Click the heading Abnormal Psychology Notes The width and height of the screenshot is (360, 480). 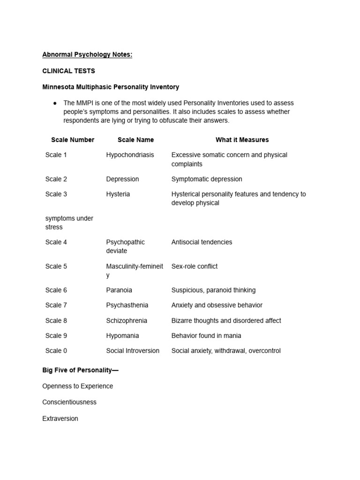pyautogui.click(x=87, y=55)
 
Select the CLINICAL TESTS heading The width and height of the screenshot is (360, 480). pyautogui.click(x=68, y=71)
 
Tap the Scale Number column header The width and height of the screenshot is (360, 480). pyautogui.click(x=73, y=140)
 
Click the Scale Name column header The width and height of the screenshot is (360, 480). pyautogui.click(x=135, y=140)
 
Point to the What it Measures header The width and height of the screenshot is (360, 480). pyautogui.click(x=242, y=140)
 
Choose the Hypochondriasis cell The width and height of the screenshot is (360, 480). pyautogui.click(x=130, y=155)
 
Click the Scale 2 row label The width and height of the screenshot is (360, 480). pyautogui.click(x=56, y=179)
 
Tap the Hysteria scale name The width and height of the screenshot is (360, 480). pyautogui.click(x=118, y=194)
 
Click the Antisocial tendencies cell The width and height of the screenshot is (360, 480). pyautogui.click(x=202, y=242)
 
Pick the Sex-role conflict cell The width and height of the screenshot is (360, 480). pyautogui.click(x=195, y=266)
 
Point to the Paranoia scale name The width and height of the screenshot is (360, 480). pyautogui.click(x=119, y=290)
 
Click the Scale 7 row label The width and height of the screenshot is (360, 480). pyautogui.click(x=56, y=305)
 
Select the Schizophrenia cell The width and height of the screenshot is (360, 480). pyautogui.click(x=127, y=321)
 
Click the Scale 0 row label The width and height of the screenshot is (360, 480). pyautogui.click(x=56, y=351)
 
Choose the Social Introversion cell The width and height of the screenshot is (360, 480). pyautogui.click(x=133, y=351)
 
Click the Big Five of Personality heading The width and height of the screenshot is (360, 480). pyautogui.click(x=80, y=370)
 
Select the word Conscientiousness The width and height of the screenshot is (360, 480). pyautogui.click(x=69, y=402)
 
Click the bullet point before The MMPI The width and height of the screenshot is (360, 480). pyautogui.click(x=55, y=103)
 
